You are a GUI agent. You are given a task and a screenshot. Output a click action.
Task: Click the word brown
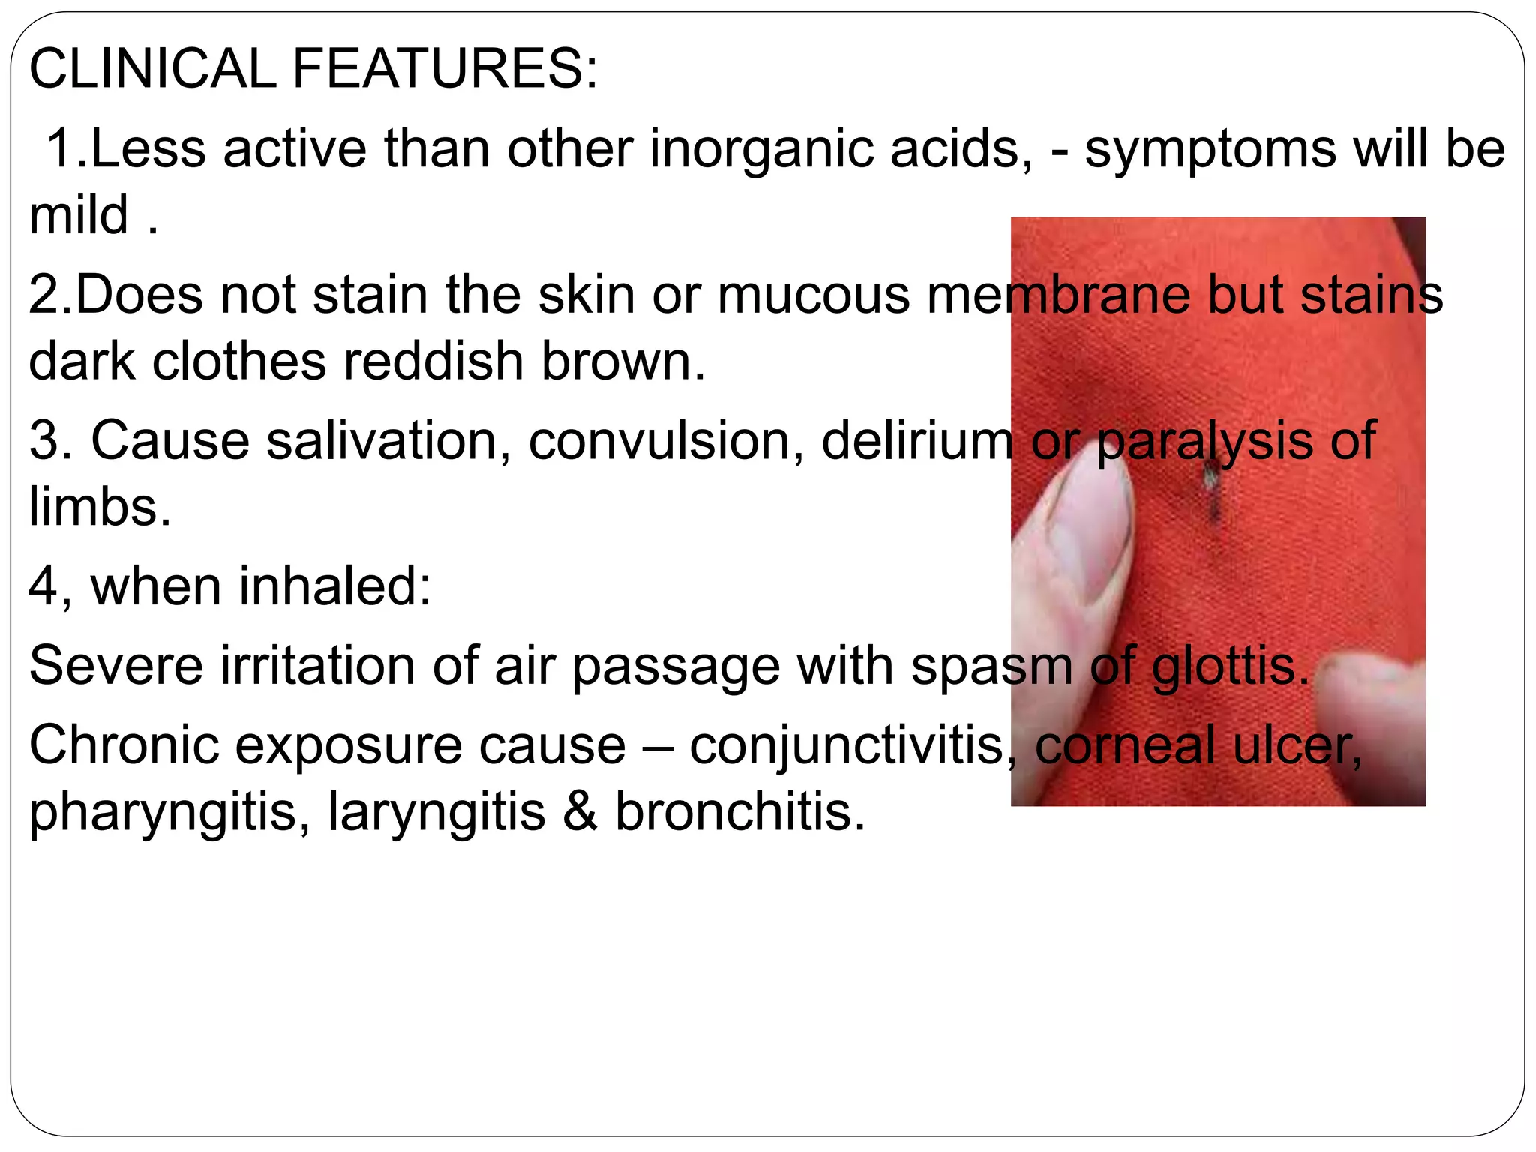(x=622, y=361)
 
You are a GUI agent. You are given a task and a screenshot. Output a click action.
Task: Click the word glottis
(x=1230, y=666)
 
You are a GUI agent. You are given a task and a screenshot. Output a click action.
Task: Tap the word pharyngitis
(x=169, y=814)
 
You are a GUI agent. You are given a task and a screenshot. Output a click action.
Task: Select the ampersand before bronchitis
(x=580, y=813)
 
